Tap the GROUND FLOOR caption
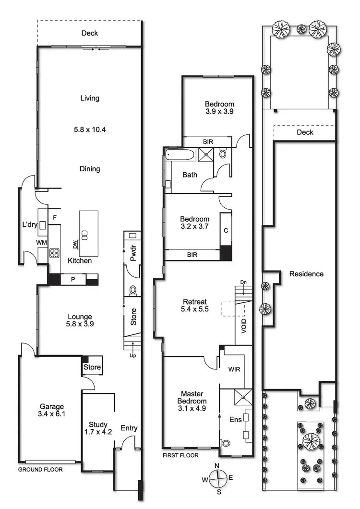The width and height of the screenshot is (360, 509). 40,470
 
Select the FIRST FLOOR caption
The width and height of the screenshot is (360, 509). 180,455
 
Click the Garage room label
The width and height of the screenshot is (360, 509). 52,406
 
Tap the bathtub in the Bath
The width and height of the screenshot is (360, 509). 180,154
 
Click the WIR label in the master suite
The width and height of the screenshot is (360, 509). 234,369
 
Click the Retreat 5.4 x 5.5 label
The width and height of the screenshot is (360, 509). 195,306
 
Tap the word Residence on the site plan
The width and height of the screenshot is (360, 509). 306,274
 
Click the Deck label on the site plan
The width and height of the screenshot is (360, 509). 304,132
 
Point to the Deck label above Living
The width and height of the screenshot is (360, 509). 90,33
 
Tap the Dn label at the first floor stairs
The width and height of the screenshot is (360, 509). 243,282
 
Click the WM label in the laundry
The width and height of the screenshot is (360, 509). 42,243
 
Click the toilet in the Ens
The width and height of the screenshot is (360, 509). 226,443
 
